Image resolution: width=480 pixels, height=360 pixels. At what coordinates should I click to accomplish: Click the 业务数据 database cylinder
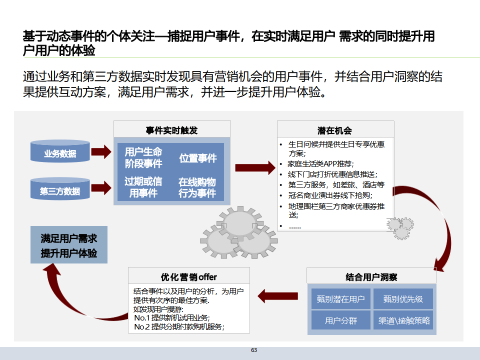[x=60, y=152]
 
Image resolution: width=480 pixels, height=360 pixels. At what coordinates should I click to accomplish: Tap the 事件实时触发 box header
[x=171, y=130]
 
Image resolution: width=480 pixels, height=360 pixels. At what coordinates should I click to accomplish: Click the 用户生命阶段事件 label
[x=143, y=157]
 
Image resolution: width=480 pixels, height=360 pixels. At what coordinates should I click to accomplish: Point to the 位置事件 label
[x=198, y=158]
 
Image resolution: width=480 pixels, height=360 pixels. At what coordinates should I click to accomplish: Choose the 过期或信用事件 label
[x=143, y=187]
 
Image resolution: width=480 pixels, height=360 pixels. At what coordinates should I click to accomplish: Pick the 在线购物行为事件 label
[x=197, y=187]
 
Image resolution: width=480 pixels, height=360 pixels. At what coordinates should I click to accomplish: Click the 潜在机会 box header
[x=334, y=130]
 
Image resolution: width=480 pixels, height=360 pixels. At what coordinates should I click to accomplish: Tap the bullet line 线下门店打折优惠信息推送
[x=331, y=174]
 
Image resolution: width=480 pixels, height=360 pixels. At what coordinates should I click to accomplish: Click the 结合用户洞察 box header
[x=371, y=276]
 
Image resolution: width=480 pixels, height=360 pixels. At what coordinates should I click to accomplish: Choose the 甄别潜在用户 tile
[x=340, y=299]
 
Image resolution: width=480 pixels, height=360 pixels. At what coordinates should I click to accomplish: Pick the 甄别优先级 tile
[x=403, y=299]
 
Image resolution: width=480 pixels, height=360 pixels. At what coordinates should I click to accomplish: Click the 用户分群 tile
[x=340, y=320]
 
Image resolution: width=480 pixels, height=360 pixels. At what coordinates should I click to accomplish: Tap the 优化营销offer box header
[x=188, y=276]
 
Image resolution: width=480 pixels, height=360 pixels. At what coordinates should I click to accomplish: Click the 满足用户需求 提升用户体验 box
[x=69, y=245]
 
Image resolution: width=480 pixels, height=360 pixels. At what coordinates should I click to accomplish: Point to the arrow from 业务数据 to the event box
[x=100, y=151]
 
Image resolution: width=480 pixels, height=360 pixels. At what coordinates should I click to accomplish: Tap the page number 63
[x=254, y=350]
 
